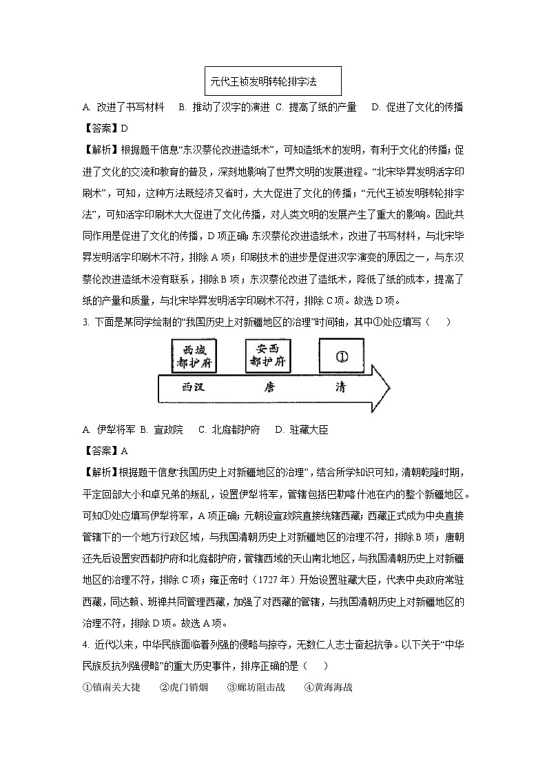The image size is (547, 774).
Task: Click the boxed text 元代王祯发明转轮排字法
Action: coord(273,81)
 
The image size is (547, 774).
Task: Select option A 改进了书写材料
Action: coord(123,107)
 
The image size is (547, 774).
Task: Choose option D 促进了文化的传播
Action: coord(417,107)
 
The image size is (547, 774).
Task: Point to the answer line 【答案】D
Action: coord(105,128)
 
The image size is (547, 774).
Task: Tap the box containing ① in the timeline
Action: coord(342,357)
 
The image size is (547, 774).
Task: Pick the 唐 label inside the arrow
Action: coord(269,387)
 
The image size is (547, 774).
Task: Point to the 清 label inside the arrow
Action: coord(340,387)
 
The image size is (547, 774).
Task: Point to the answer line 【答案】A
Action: coord(105,451)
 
